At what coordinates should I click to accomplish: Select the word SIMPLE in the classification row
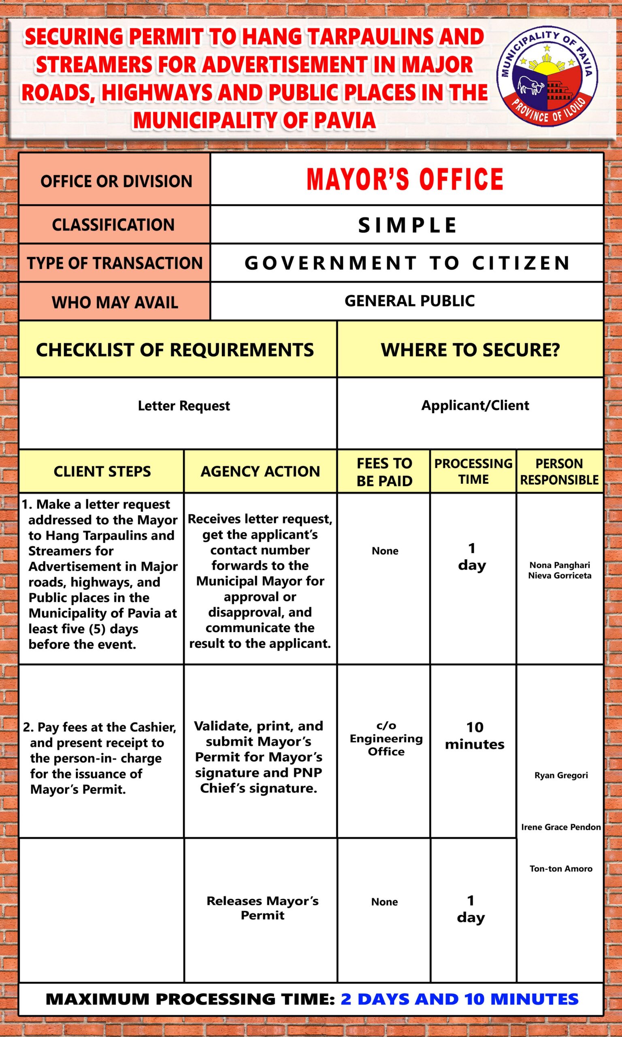point(407,225)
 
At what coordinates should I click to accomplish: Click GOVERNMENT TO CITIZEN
point(407,263)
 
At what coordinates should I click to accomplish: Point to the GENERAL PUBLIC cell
point(409,301)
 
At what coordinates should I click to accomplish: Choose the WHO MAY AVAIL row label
point(115,302)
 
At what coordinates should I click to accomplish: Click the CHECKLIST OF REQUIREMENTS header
point(175,350)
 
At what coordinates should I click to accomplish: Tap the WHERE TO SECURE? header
point(470,350)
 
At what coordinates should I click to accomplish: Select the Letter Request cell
point(183,406)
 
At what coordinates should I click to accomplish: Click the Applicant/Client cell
point(475,405)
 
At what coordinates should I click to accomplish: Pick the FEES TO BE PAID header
point(384,472)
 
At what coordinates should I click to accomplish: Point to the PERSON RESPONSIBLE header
point(559,472)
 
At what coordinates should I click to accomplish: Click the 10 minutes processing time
point(475,736)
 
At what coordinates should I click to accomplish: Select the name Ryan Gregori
point(561,775)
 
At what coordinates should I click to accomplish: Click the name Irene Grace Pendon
point(561,827)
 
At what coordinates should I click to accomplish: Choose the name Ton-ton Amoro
point(561,868)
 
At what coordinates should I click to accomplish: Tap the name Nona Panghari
point(560,565)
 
